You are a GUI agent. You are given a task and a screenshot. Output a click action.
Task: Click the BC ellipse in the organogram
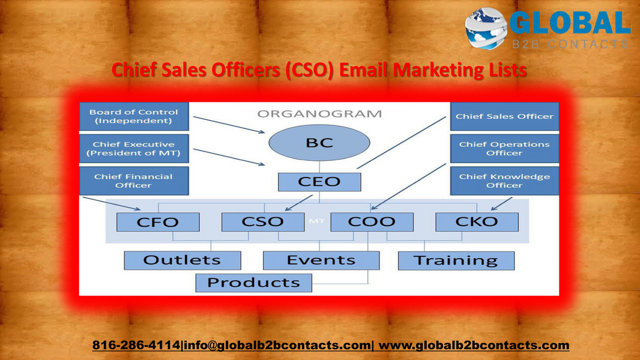point(319,143)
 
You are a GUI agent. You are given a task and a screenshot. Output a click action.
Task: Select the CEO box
point(319,181)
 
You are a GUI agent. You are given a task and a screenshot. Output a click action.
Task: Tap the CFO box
point(158,222)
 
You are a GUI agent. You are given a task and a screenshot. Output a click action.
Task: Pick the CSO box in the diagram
point(262,222)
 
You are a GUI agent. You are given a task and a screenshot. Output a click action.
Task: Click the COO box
point(372,222)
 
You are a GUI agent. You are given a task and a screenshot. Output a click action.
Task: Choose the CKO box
point(477,222)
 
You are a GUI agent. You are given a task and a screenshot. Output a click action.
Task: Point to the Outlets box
point(182,260)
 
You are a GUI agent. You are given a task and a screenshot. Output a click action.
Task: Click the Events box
point(321,260)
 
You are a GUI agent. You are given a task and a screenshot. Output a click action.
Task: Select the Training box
point(456,261)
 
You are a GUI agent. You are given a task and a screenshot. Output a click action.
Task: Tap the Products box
point(253,283)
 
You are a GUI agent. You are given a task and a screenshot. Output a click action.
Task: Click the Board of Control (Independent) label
point(134,116)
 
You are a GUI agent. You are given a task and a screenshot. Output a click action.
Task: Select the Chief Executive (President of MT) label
point(134,149)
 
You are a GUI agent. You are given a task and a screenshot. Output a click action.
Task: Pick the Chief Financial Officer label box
point(134,181)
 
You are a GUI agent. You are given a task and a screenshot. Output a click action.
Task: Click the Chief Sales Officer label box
point(504,116)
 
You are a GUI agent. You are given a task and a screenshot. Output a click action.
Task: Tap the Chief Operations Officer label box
point(504,149)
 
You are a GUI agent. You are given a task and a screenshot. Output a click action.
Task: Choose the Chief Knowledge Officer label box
point(504,181)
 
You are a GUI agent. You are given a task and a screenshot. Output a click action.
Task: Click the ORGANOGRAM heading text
point(319,113)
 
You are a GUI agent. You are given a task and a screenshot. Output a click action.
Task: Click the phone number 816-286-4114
point(136,345)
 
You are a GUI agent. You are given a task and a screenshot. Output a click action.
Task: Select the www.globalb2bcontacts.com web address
point(474,345)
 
